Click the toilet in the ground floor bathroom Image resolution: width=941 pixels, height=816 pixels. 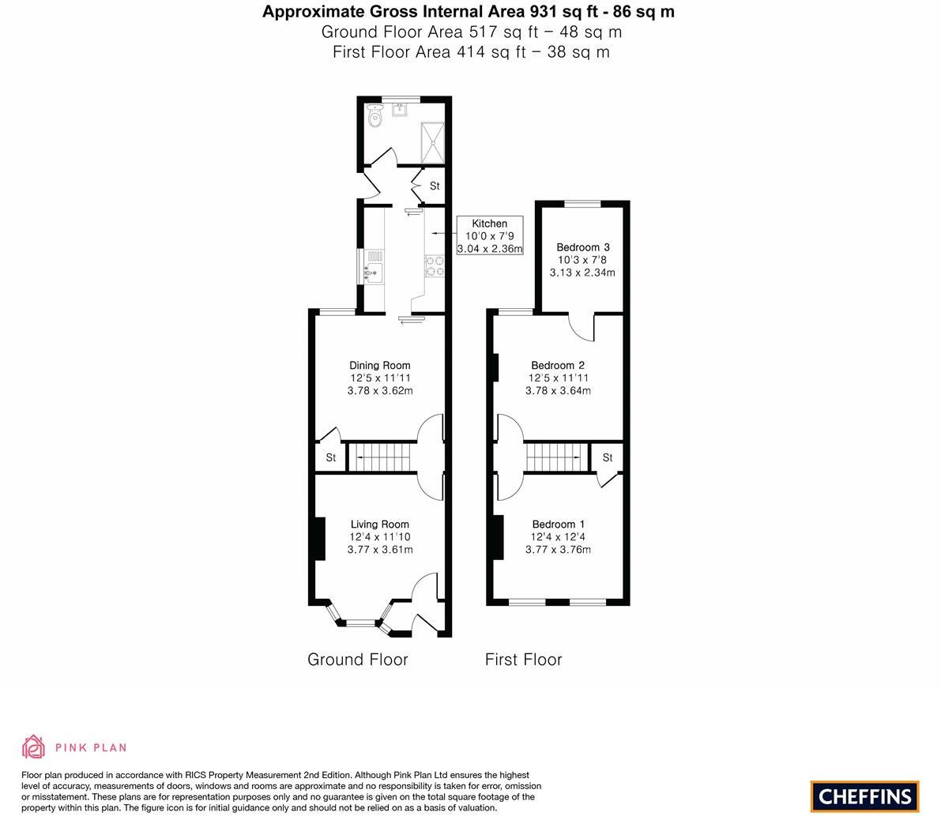point(375,118)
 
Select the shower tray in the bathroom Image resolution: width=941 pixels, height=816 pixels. point(431,140)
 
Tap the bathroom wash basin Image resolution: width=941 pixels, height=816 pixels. point(400,110)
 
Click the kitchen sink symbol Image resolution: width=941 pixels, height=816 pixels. point(373,273)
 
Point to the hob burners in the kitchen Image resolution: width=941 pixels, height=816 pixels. point(434,265)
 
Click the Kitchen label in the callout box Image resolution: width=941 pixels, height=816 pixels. point(489,224)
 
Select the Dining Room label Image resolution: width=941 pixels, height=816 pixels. point(380,365)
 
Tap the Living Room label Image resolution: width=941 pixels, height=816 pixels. point(380,524)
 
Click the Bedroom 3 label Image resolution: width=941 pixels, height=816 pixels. point(582,247)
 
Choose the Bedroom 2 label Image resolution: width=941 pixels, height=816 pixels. point(558,365)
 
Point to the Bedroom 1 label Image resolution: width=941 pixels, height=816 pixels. point(558,524)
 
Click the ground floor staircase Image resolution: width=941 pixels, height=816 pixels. point(382,457)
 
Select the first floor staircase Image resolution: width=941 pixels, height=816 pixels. point(558,457)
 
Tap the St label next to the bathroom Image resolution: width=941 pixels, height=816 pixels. point(435,186)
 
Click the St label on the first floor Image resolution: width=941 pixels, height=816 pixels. point(608,457)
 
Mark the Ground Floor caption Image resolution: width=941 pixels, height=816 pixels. point(357,660)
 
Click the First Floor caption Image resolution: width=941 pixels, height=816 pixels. point(523,660)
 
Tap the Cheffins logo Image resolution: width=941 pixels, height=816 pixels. point(864,796)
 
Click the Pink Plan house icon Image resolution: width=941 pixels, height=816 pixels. point(34,746)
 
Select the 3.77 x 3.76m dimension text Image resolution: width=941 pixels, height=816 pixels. point(558,550)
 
